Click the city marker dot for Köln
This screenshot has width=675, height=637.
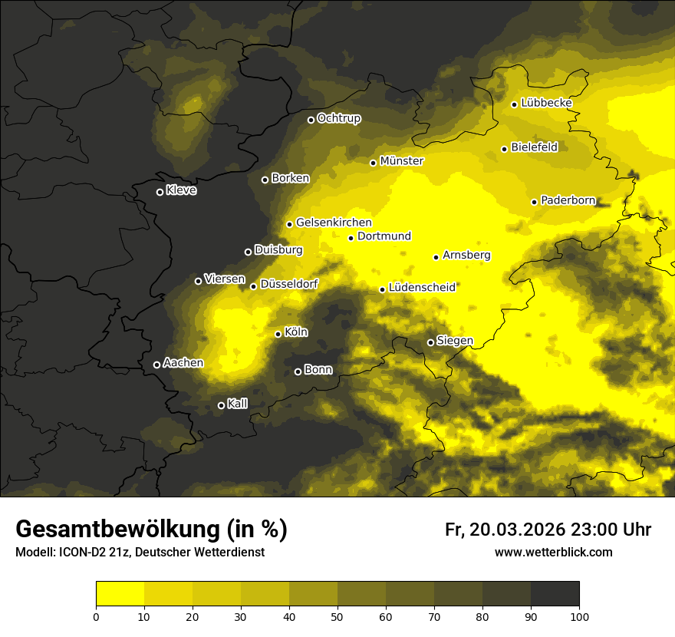(278, 334)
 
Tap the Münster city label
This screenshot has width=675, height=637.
(402, 161)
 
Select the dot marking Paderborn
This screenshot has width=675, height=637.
(534, 202)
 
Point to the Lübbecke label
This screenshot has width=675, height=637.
(546, 103)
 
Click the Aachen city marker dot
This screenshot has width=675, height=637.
(156, 365)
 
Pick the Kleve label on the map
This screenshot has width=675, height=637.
(181, 190)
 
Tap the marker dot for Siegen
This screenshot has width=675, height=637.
(430, 342)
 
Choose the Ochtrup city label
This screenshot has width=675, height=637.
(338, 118)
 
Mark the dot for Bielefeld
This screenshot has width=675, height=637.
(504, 149)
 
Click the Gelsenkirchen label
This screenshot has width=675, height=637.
(334, 223)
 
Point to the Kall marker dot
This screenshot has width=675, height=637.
(221, 405)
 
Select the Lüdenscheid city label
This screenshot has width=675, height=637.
(422, 288)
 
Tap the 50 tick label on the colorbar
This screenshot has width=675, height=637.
(337, 616)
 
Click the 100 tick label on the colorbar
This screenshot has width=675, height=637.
(579, 616)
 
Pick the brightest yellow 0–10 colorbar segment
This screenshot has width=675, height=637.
(120, 594)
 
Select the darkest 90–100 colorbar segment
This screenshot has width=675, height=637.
(555, 594)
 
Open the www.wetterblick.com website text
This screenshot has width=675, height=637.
(553, 552)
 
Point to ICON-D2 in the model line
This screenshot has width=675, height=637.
(81, 552)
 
